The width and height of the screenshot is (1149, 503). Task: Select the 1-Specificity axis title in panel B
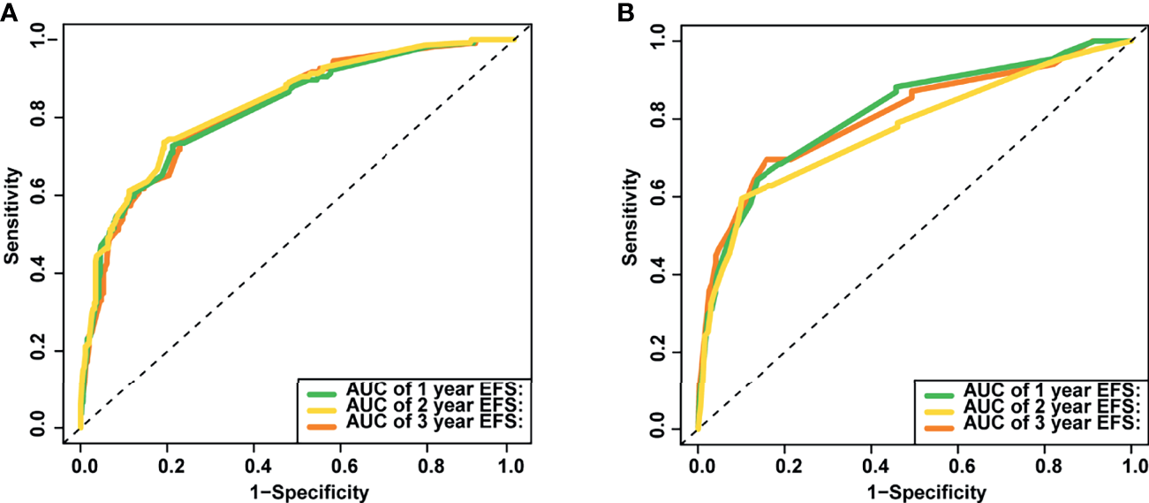pyautogui.click(x=914, y=491)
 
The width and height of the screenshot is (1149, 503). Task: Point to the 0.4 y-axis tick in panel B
pyautogui.click(x=656, y=274)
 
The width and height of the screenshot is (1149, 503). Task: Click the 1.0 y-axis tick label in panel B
pyautogui.click(x=656, y=41)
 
